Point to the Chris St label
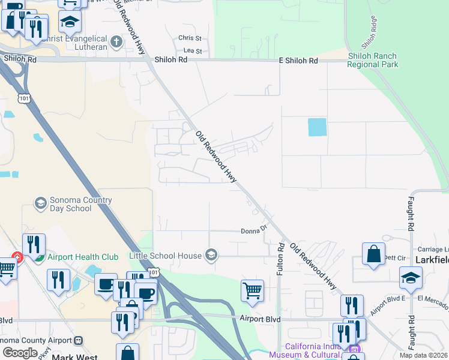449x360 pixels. tap(190, 38)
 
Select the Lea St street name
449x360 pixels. tap(193, 52)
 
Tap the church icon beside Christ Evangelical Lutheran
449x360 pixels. tap(116, 42)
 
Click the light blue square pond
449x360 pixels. tap(317, 127)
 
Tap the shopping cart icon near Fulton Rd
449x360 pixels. tap(253, 291)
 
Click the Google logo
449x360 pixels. tap(20, 353)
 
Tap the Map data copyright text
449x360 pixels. tap(423, 356)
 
